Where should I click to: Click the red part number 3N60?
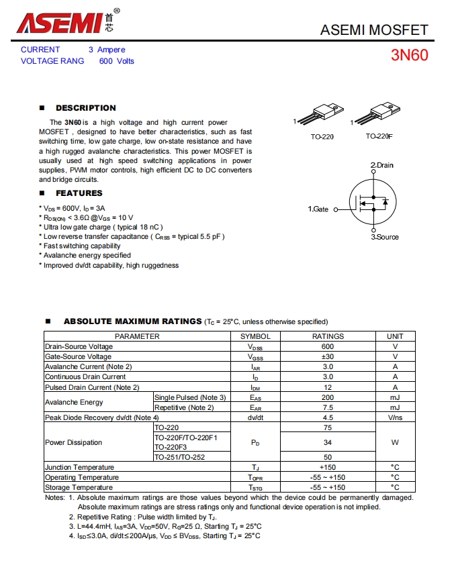tap(409, 55)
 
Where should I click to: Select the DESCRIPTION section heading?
tap(85, 108)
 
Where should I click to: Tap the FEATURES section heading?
tap(79, 193)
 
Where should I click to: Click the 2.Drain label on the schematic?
tap(381, 165)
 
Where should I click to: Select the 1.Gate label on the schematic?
tap(318, 209)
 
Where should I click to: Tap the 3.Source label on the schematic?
tap(385, 237)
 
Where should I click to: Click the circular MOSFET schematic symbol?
tap(373, 201)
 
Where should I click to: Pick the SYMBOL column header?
tap(255, 336)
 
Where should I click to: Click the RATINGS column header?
tap(328, 336)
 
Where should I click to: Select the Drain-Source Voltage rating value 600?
tap(328, 346)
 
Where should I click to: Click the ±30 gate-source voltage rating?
tap(328, 356)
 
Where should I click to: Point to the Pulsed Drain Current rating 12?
tap(328, 387)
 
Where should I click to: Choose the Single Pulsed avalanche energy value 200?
tap(328, 397)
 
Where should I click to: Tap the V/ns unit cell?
tap(395, 417)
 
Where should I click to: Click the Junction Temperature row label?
tap(79, 467)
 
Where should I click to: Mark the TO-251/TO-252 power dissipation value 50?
tap(328, 457)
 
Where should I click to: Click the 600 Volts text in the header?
tap(117, 61)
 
